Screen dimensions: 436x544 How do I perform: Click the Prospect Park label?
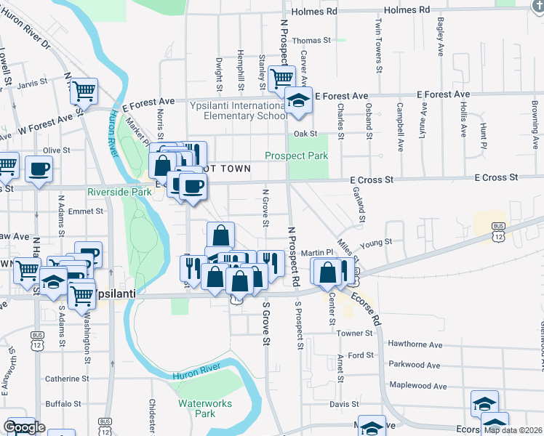point(296,156)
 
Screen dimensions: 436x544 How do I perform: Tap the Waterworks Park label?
point(196,408)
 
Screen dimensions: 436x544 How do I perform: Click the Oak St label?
point(306,134)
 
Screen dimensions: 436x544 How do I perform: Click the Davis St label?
point(344,403)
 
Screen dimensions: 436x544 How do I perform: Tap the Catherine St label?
point(67,379)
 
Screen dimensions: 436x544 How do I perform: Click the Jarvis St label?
point(32,82)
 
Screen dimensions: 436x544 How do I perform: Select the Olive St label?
point(56,150)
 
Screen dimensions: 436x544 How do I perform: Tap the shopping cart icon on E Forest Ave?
point(281,78)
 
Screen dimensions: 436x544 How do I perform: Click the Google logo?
point(24,427)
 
